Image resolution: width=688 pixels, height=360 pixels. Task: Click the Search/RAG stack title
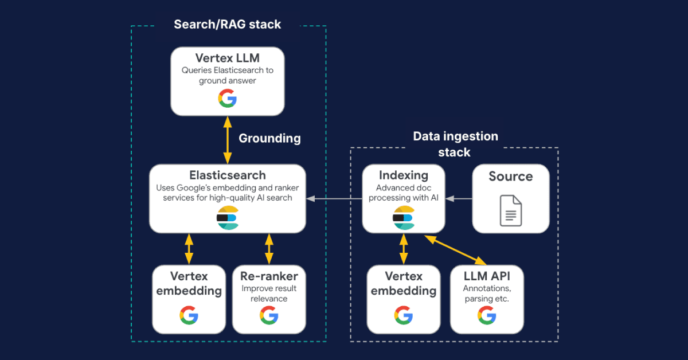(x=228, y=24)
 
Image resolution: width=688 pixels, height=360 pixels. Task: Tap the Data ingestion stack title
(x=455, y=144)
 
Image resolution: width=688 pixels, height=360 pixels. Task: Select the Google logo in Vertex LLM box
(x=228, y=99)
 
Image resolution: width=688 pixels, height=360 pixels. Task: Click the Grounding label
(x=269, y=138)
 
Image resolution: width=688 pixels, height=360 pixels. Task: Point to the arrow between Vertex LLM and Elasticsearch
(x=228, y=140)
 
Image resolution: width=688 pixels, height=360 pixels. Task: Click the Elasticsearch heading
(x=228, y=175)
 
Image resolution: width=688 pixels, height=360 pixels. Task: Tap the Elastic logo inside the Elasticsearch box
(x=228, y=217)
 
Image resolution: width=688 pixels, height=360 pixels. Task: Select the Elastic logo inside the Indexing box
(x=404, y=217)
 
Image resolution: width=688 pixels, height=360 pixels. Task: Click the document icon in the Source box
(x=510, y=210)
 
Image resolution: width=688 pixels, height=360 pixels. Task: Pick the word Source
(x=510, y=177)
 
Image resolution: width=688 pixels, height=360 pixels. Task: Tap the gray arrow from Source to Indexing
(x=458, y=198)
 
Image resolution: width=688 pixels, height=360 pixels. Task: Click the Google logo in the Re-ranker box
(x=269, y=315)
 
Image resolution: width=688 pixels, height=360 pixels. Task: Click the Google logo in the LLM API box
(x=487, y=315)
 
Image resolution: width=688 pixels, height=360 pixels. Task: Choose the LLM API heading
(x=487, y=275)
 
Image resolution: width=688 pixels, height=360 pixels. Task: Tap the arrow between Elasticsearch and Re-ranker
(x=269, y=249)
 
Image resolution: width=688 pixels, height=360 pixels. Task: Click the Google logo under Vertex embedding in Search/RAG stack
(x=189, y=315)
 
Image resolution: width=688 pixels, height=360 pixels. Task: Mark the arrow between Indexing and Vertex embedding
(x=404, y=249)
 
